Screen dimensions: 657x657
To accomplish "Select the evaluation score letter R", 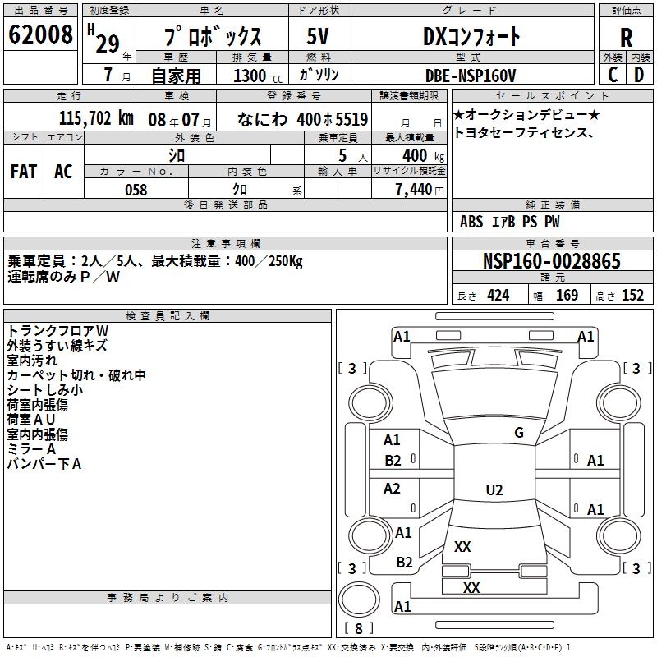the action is click(626, 37).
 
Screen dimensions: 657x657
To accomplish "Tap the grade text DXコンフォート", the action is click(471, 36).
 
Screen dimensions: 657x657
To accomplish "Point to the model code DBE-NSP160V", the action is click(471, 75).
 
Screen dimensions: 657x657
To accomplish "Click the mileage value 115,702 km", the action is click(96, 117).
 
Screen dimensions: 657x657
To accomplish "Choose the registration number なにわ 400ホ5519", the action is click(302, 118).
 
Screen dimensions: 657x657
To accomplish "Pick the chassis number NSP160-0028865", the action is click(552, 262).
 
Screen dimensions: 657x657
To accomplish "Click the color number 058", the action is click(136, 190).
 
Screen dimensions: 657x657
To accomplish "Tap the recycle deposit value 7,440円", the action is click(419, 190).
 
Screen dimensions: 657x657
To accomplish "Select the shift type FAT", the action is click(24, 171).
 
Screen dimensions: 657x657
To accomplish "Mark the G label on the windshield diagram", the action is click(518, 433).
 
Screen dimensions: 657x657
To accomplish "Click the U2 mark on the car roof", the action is click(494, 490).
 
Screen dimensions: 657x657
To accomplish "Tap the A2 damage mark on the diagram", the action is click(393, 489).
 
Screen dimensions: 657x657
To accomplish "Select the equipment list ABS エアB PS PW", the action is click(510, 222).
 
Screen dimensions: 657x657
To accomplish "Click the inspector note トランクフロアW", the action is click(58, 331).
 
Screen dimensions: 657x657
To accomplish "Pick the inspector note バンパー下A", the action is click(44, 464).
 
